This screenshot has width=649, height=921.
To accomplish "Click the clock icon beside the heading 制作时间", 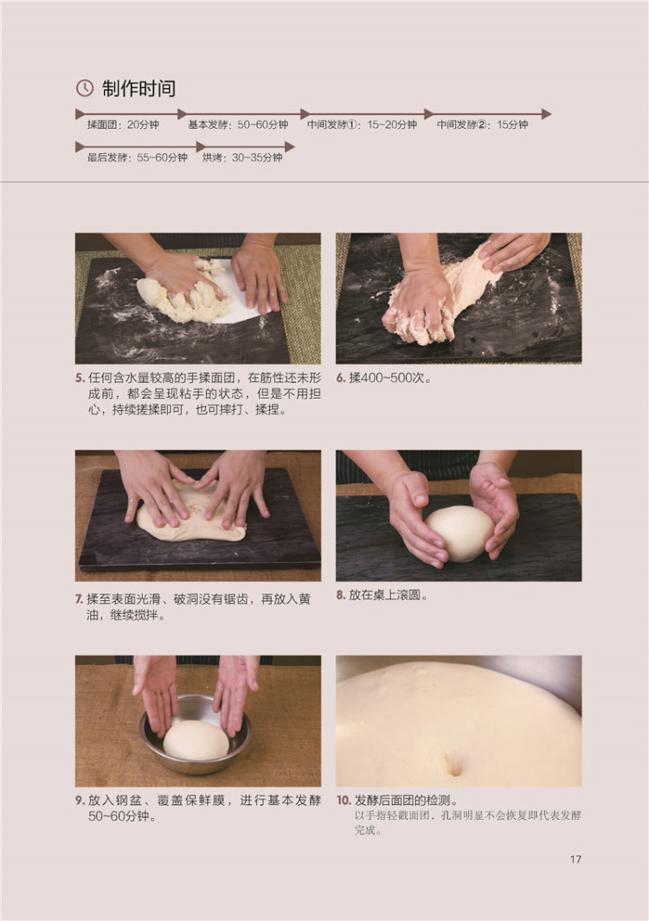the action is pos(85,88).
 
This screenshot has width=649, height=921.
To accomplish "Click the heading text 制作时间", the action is pos(138,88).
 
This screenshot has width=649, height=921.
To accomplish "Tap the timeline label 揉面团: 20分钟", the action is pos(123,125).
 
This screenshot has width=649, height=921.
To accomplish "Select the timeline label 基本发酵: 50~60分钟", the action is pos(238,125).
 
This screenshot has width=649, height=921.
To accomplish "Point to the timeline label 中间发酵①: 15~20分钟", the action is pos(362,125).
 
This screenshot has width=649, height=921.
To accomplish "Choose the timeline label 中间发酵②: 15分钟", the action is pos(482,125).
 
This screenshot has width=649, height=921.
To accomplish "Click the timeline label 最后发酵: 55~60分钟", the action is pos(137,157).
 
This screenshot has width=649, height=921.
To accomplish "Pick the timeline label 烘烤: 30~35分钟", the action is pos(242,157).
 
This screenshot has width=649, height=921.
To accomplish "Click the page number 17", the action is pos(575,860).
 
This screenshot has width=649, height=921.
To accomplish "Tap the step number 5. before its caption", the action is pos(80,378).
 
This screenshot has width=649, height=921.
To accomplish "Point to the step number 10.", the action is pos(344,800).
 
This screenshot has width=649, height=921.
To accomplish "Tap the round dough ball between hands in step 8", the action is pos(459,534).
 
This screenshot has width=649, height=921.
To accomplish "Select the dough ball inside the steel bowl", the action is pos(196,739).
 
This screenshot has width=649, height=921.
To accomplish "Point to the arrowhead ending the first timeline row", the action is pos(547,114).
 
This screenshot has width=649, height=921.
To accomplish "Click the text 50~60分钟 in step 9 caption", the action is pos(122,816).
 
